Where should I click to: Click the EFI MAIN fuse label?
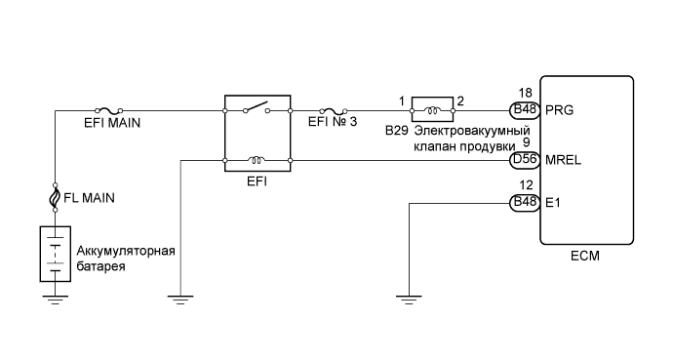[111, 125]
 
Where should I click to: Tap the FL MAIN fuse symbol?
[55, 198]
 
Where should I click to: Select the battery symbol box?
[55, 254]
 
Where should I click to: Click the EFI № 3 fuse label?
[334, 125]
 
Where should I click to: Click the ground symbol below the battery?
[55, 298]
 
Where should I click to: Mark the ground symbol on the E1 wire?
[411, 298]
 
